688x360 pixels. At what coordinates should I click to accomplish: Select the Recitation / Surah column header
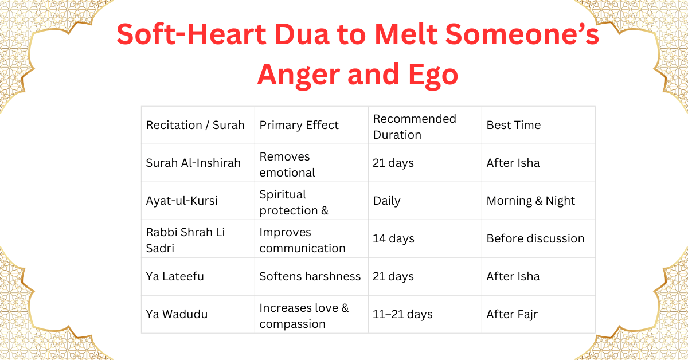[x=195, y=125]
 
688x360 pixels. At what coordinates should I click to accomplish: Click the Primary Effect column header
[x=299, y=125]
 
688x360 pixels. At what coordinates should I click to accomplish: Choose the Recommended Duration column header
[x=415, y=126]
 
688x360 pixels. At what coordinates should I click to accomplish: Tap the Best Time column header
[x=514, y=125]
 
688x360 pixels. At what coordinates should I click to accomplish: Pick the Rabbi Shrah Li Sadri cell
[x=178, y=240]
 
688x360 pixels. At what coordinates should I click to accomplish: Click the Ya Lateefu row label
[x=175, y=276]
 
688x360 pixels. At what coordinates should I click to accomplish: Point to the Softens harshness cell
[x=310, y=276]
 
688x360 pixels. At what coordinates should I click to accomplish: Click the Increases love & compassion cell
[x=304, y=315]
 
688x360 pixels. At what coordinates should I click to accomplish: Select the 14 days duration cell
[x=393, y=238]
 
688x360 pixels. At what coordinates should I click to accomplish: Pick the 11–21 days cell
[x=402, y=314]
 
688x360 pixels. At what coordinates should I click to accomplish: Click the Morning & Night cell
[x=531, y=201]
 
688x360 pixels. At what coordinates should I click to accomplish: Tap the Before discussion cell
[x=535, y=238]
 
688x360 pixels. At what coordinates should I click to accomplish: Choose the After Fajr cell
[x=512, y=314]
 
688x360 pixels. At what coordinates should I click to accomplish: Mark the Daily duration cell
[x=387, y=201]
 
